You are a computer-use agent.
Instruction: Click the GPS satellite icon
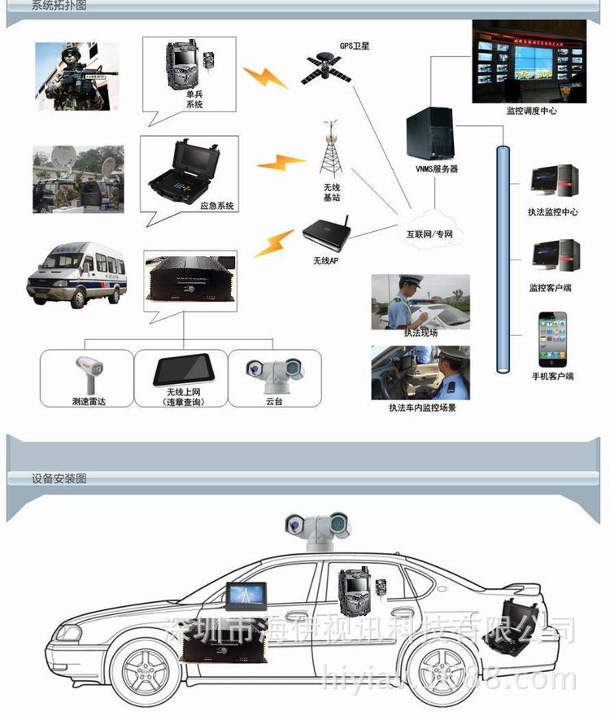click(x=327, y=68)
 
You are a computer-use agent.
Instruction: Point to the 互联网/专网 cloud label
click(x=429, y=234)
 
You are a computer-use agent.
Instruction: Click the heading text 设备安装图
click(x=59, y=478)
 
